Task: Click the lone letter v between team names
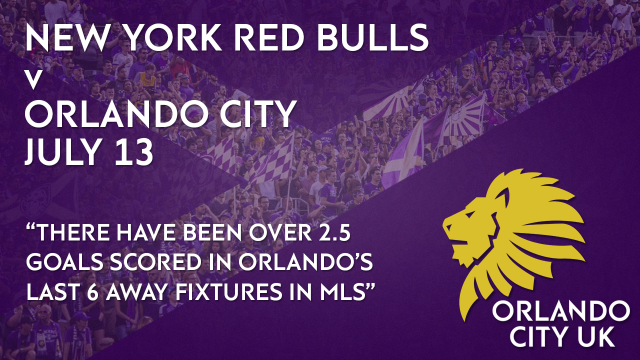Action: pos(33,81)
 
